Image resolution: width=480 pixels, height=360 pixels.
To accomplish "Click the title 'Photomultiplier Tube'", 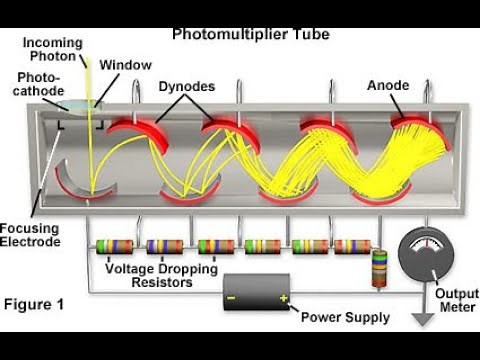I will tap(251, 34).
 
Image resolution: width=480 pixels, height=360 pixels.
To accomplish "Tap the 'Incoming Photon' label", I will tap(53, 50).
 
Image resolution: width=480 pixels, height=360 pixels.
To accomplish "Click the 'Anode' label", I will tap(387, 86).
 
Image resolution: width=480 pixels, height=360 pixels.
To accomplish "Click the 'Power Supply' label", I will tap(344, 319).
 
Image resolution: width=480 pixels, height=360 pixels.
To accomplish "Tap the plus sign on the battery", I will tap(283, 298).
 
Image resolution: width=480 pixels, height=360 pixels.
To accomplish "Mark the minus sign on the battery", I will tap(232, 298).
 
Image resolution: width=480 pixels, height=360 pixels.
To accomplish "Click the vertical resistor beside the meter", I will tap(378, 268).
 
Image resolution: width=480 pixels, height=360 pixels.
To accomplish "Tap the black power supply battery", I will tap(257, 298).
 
